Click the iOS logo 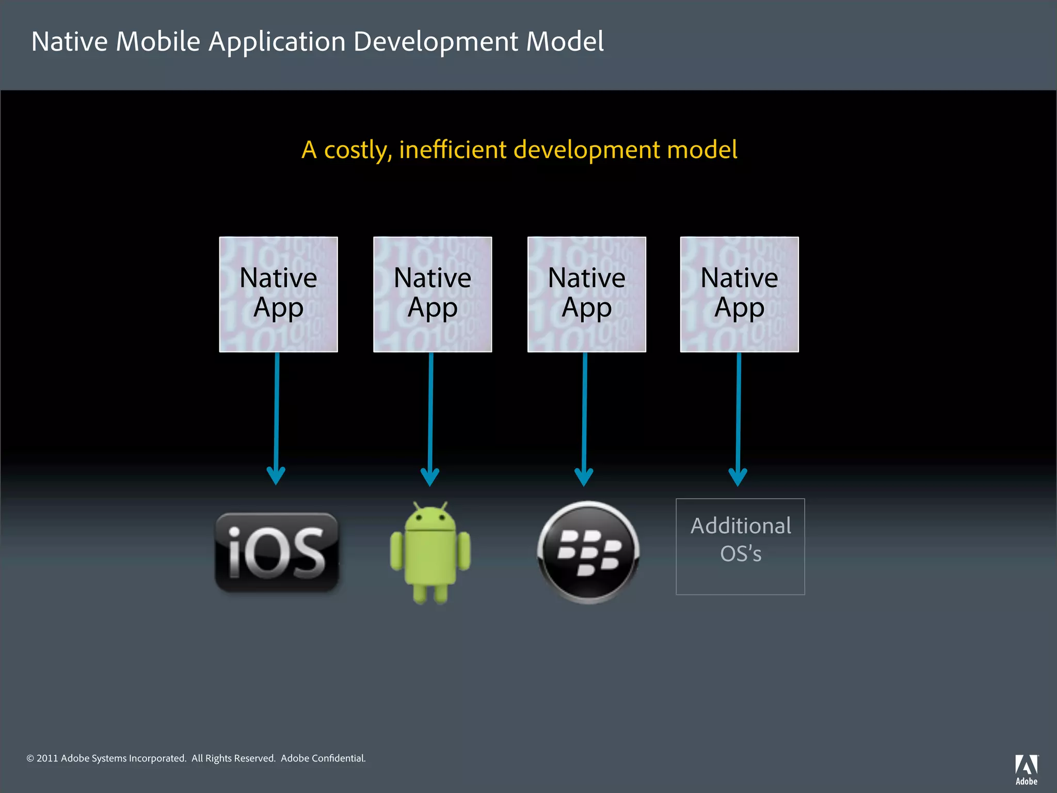[x=277, y=552]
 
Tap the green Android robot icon [x=430, y=552]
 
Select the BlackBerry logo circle [x=588, y=552]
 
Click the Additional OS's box [x=740, y=546]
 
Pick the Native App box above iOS [x=278, y=294]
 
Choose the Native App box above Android [x=433, y=294]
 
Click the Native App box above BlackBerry [x=586, y=294]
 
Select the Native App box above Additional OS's [x=739, y=294]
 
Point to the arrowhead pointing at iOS [x=276, y=475]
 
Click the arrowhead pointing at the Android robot [x=430, y=477]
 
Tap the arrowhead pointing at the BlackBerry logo [x=584, y=477]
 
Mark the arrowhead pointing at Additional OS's [x=738, y=477]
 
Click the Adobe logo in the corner [x=1027, y=769]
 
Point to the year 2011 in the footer [x=47, y=758]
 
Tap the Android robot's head [x=430, y=519]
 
